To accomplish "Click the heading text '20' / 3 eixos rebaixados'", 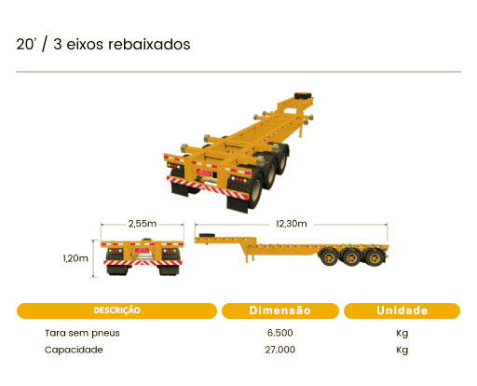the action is tap(103, 44).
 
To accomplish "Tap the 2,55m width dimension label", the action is tap(143, 224).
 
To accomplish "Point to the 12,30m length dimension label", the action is tap(292, 224).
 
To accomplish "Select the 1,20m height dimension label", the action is tap(75, 258).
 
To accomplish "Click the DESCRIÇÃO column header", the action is tap(116, 310).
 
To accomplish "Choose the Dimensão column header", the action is tap(280, 310).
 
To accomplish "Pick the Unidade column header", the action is tap(402, 310).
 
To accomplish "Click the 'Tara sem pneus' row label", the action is tap(82, 333).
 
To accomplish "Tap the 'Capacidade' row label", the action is tap(74, 350).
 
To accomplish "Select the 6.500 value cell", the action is tap(280, 333).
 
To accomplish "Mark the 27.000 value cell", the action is tap(280, 350).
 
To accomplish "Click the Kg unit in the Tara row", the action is tap(402, 334).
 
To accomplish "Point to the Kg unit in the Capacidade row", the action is tap(402, 351).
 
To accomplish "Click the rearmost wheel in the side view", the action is tap(375, 257).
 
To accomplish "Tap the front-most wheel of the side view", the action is tap(329, 257).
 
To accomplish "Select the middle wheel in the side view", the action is tap(352, 257).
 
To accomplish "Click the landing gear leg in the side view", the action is tap(247, 255).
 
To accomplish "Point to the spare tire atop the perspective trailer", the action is tap(302, 95).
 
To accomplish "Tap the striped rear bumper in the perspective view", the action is tap(207, 187).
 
